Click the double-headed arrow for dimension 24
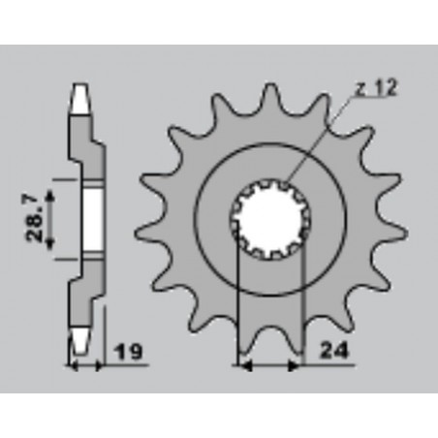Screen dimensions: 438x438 tap(270, 366)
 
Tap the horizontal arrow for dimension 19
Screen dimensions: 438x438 tap(85, 366)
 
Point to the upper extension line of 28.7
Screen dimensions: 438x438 tap(64, 178)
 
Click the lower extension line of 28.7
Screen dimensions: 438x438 tap(64, 260)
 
